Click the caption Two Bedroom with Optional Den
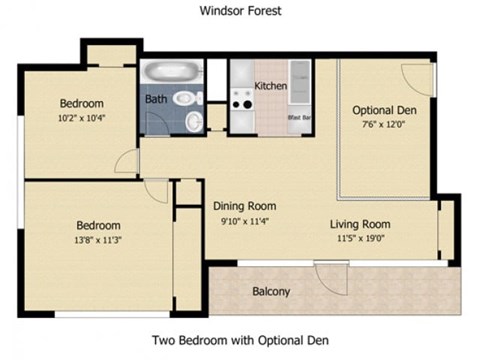tap(239, 340)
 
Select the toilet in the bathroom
tap(184, 99)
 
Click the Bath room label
tap(156, 100)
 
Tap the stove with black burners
tap(241, 100)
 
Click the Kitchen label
tap(271, 86)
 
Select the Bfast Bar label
tap(298, 118)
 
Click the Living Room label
tap(360, 224)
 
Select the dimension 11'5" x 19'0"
tap(360, 239)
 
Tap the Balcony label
tap(270, 292)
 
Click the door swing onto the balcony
tap(329, 277)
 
